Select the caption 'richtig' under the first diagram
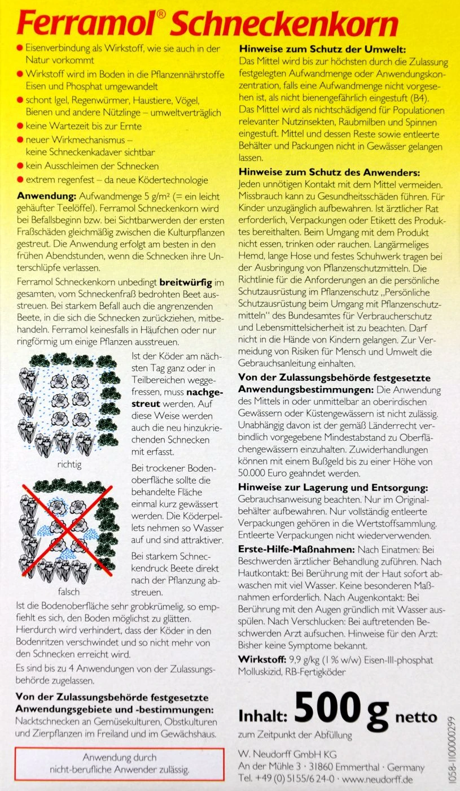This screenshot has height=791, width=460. [x=69, y=465]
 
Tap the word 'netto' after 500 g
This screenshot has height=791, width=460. [x=416, y=717]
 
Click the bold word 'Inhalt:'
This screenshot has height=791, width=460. [x=263, y=717]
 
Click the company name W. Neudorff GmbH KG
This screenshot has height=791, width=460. [x=287, y=754]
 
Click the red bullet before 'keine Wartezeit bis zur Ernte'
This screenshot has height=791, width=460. [x=20, y=127]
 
